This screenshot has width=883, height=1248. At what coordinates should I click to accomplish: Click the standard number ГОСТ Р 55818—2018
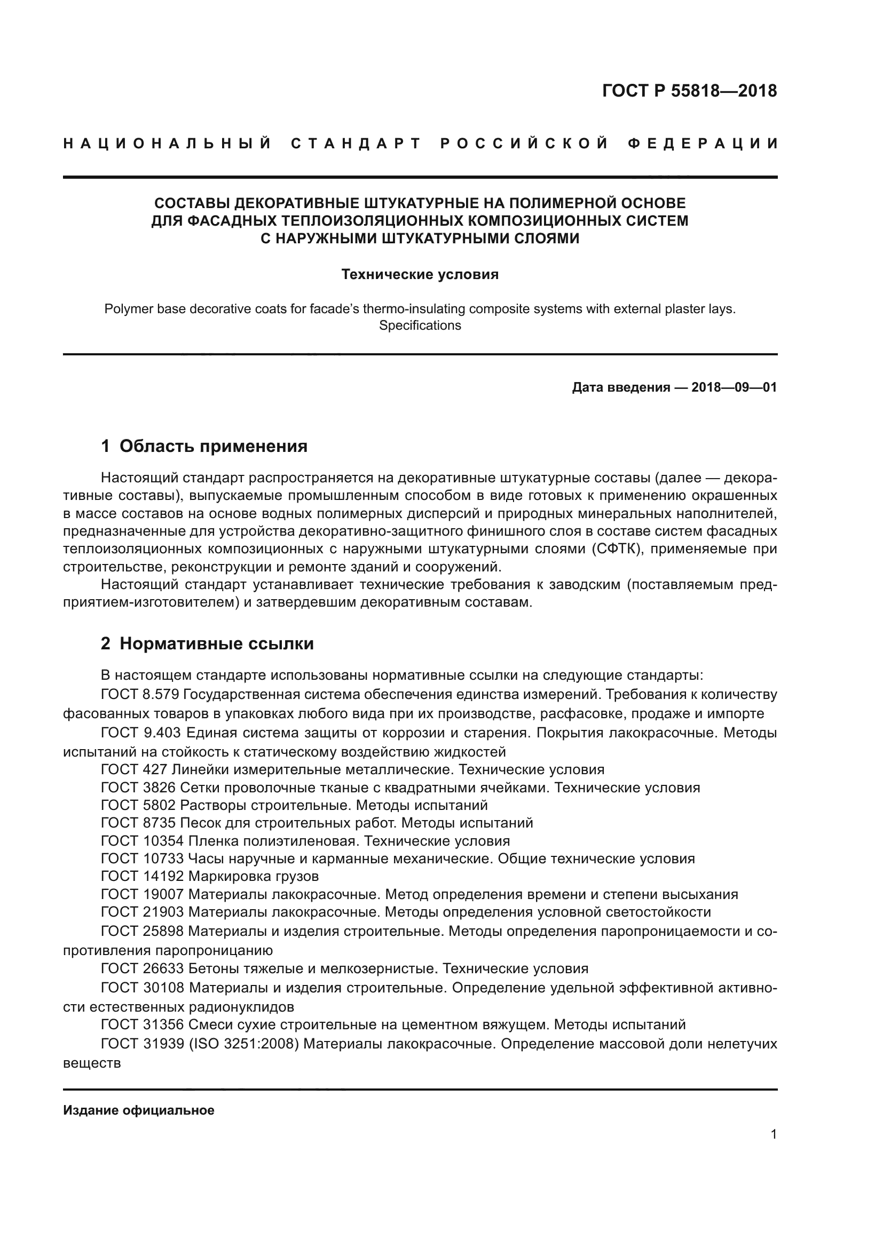[689, 91]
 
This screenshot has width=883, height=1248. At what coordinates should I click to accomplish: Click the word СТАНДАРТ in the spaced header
[356, 144]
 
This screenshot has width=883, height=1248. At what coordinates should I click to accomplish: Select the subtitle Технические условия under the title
[420, 274]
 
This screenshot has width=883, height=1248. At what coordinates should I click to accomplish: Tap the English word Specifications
[420, 325]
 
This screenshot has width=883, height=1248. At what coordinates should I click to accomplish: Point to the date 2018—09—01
[734, 387]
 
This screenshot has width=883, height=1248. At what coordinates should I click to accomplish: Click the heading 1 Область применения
[204, 446]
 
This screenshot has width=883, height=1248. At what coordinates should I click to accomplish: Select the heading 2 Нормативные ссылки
[207, 643]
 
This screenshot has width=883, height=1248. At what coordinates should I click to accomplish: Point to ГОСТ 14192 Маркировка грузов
[210, 876]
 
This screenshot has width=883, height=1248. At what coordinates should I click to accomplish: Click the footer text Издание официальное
[139, 1110]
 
